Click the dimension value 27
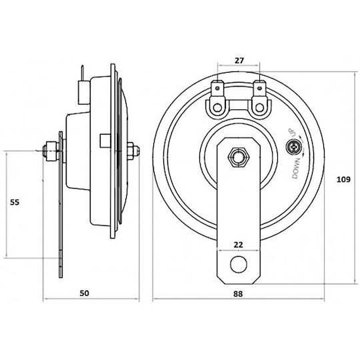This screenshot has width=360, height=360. click(239, 61)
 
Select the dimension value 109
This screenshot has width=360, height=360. click(343, 179)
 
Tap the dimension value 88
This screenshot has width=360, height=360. click(238, 293)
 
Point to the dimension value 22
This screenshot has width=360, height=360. click(238, 245)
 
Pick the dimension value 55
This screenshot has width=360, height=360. click(15, 202)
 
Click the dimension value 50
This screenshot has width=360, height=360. click(84, 293)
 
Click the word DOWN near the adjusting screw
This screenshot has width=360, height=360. click(296, 169)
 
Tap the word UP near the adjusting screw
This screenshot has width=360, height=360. click(291, 133)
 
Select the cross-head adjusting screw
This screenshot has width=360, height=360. click(293, 147)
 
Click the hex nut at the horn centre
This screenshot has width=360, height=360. click(238, 157)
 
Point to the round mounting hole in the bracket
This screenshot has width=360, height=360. click(239, 264)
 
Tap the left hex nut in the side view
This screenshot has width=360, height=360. click(52, 151)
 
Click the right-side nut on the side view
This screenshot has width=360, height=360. click(132, 151)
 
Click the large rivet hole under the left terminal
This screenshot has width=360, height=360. click(217, 107)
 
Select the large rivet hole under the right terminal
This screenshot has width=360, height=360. click(260, 107)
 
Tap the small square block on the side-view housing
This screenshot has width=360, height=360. click(105, 141)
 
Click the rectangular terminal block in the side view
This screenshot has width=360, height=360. click(84, 92)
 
